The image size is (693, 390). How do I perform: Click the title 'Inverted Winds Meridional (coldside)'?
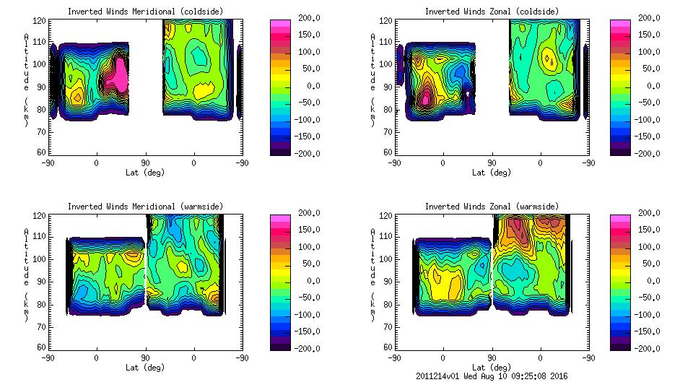coord(145,12)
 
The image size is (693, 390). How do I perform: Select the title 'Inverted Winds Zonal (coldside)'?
coord(492,12)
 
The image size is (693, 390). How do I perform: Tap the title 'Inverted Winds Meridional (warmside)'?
coord(145,207)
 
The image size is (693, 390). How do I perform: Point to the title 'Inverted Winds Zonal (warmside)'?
coord(492,207)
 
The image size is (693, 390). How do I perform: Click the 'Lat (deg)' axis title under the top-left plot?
coord(145,172)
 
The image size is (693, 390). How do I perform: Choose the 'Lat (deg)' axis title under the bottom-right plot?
coord(492,367)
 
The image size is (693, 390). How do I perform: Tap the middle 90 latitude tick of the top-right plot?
coord(492,162)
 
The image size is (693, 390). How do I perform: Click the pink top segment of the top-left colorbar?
coord(280,25)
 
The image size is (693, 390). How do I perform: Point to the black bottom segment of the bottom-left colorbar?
coord(280,344)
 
